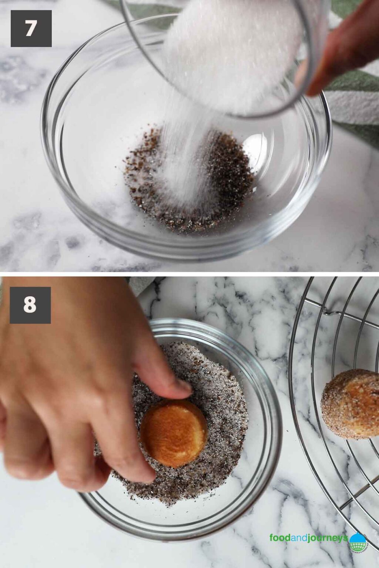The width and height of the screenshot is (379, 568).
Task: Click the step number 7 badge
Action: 31,28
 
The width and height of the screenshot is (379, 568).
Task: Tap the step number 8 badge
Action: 30,305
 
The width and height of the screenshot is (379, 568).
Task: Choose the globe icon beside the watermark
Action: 358,541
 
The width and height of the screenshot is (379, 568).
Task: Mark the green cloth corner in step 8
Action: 142,285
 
